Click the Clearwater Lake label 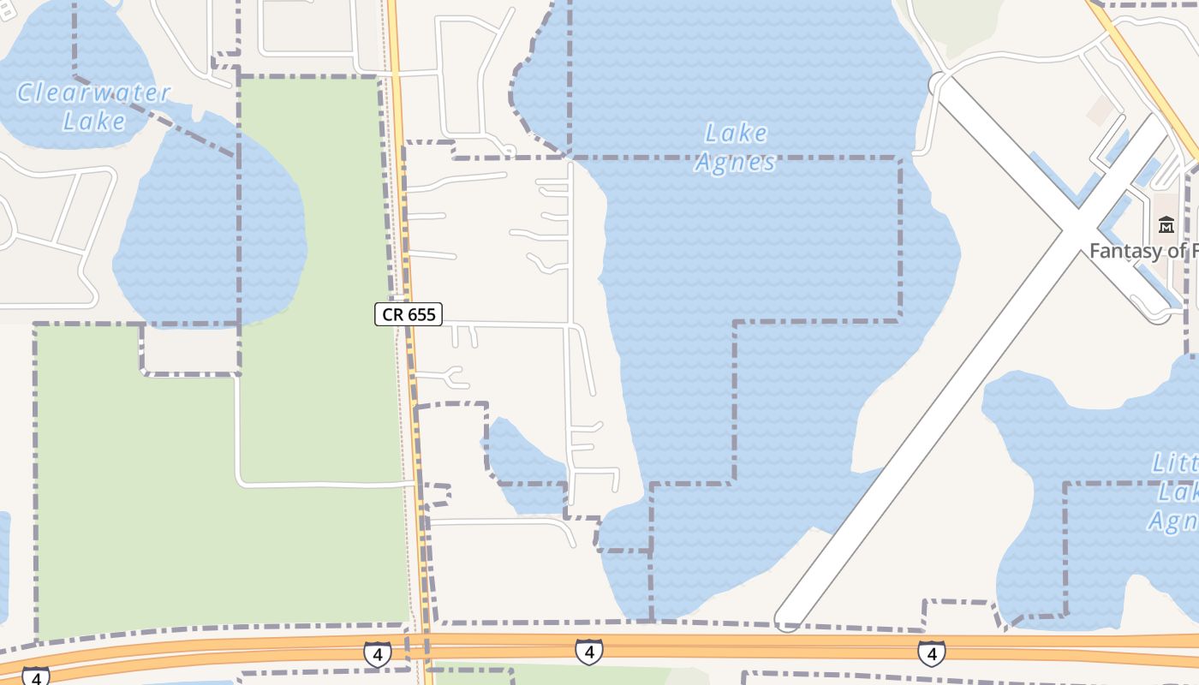tap(94, 106)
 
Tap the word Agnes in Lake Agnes tap(736, 162)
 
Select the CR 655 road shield tap(409, 314)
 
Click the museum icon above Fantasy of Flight tap(1166, 225)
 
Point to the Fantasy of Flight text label tap(1143, 251)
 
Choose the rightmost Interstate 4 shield tap(932, 652)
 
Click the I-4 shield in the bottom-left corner tap(35, 676)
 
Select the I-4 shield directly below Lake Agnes tap(588, 652)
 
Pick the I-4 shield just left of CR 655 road tap(377, 654)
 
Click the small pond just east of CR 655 tap(522, 462)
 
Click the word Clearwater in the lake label tap(94, 92)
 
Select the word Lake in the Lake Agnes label tap(736, 134)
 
